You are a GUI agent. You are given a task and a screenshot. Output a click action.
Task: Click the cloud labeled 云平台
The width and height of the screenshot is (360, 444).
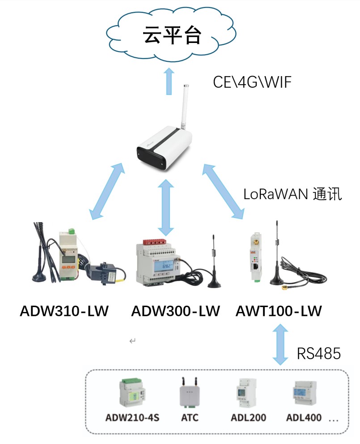(172, 35)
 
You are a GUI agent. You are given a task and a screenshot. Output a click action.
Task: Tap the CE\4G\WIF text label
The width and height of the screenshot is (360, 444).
(252, 82)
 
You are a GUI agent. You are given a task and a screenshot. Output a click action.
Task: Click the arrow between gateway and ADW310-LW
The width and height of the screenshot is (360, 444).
(106, 191)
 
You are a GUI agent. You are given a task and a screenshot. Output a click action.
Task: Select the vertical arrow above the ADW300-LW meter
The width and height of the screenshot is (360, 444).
(166, 207)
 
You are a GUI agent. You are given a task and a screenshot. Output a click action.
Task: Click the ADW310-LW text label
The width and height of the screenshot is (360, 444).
(64, 311)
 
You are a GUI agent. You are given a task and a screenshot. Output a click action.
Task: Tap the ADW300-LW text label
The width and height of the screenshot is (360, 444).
(175, 311)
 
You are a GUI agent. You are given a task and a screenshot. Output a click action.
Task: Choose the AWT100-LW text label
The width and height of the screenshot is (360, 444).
(279, 311)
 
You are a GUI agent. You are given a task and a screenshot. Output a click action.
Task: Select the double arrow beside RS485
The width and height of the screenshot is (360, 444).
(280, 344)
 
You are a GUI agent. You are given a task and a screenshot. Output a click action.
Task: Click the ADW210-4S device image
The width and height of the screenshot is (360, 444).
(132, 392)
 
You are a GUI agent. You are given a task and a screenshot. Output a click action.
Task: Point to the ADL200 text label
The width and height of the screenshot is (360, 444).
(248, 418)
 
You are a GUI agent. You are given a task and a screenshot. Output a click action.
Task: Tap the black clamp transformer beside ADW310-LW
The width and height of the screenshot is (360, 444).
(106, 274)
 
